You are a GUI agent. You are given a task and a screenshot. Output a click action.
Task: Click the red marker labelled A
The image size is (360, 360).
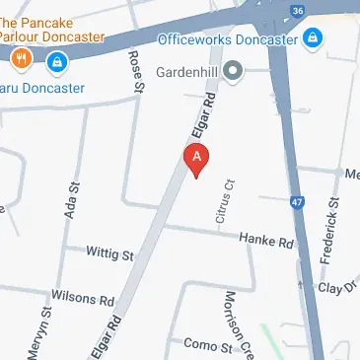point(197,160)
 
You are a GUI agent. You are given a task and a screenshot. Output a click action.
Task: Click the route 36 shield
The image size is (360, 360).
point(297,11)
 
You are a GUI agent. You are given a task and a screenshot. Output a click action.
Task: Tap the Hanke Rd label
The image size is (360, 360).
point(266,242)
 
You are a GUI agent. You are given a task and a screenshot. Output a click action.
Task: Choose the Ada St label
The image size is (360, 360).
point(71,200)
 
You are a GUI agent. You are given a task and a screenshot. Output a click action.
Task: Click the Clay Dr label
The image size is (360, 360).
point(337,287)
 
